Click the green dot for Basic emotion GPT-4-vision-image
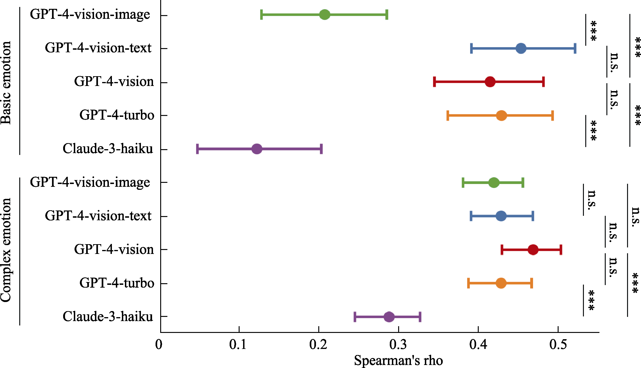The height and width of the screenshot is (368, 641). click(x=325, y=15)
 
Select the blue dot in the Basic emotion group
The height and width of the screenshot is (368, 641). click(x=521, y=48)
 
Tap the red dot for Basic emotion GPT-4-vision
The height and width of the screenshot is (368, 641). click(x=490, y=82)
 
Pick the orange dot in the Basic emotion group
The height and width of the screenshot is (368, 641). click(x=501, y=115)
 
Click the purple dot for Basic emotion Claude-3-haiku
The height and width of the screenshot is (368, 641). click(x=257, y=149)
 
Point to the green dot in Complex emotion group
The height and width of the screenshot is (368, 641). click(x=494, y=182)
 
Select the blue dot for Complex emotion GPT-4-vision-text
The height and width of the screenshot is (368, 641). click(x=501, y=216)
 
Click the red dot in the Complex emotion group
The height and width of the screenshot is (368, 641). click(x=533, y=250)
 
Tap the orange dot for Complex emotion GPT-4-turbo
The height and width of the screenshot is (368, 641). click(x=501, y=283)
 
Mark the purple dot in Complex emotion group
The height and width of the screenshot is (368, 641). click(x=389, y=317)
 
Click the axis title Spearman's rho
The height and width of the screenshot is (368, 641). click(x=398, y=360)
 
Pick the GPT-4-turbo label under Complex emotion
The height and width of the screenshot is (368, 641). click(x=117, y=283)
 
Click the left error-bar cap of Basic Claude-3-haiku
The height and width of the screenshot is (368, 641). click(x=197, y=149)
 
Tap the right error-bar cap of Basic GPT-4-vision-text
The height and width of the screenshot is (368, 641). click(x=575, y=48)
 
